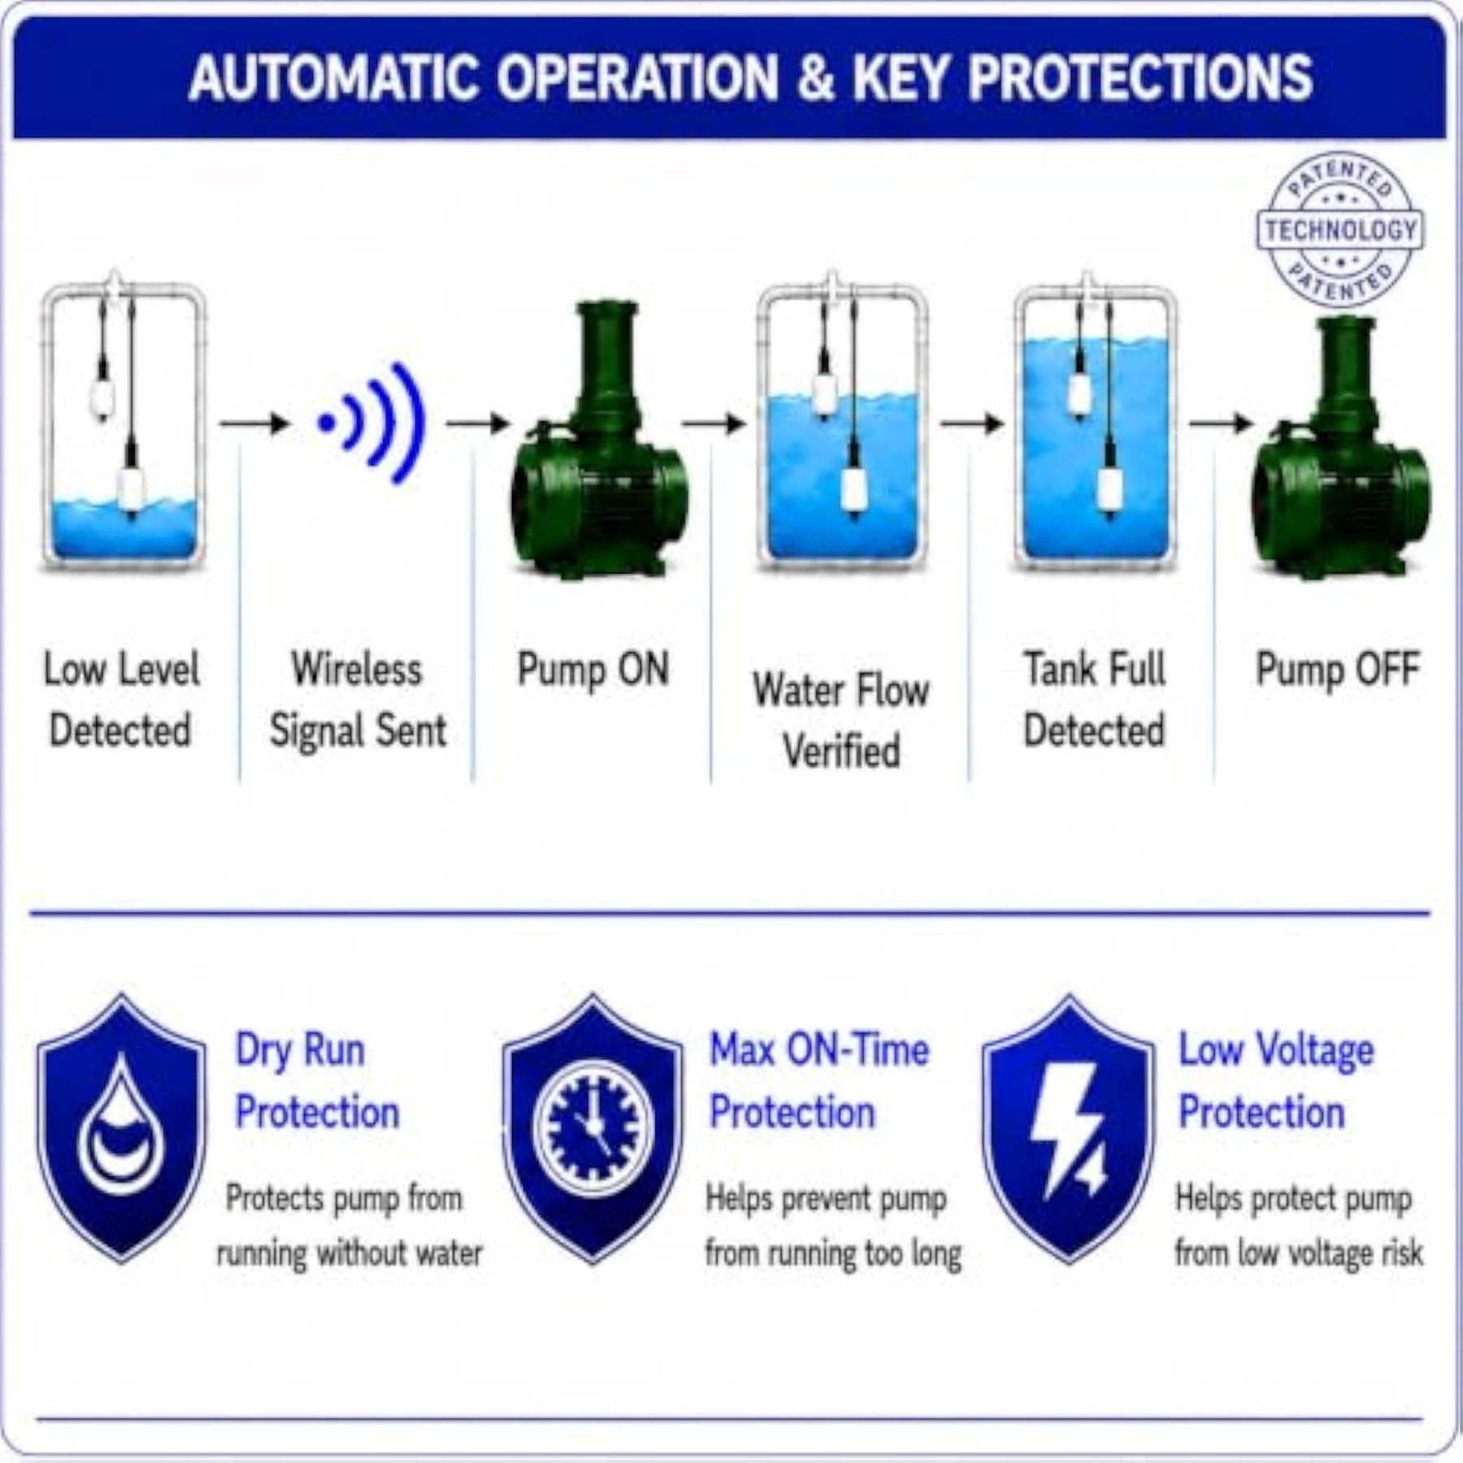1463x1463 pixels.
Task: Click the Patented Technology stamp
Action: pyautogui.click(x=1340, y=229)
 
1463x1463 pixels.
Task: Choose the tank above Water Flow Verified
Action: pyautogui.click(x=842, y=424)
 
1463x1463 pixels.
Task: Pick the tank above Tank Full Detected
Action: pyautogui.click(x=1096, y=424)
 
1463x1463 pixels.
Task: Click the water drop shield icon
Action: pyautogui.click(x=122, y=1129)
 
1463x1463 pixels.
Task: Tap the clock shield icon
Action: pyautogui.click(x=593, y=1129)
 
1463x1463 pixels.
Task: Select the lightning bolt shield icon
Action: pyautogui.click(x=1069, y=1129)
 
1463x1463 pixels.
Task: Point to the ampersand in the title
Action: pyautogui.click(x=816, y=78)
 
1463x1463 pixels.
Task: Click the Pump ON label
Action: pyautogui.click(x=593, y=670)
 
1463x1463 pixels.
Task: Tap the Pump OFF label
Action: pyautogui.click(x=1338, y=670)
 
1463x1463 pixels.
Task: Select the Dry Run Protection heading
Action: pyautogui.click(x=317, y=1080)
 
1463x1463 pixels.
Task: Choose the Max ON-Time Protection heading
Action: pyautogui.click(x=819, y=1080)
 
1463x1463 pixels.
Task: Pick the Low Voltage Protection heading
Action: pyautogui.click(x=1276, y=1080)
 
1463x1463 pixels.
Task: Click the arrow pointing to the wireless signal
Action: pyautogui.click(x=254, y=423)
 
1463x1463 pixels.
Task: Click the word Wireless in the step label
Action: pyautogui.click(x=358, y=670)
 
